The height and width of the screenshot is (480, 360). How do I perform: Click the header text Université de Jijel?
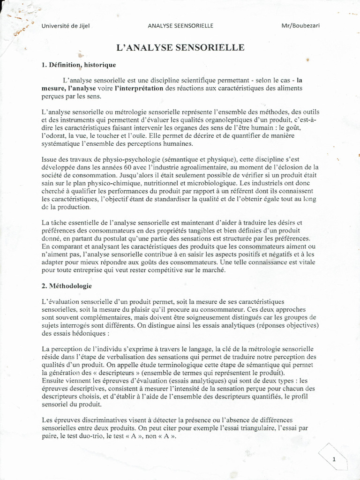tap(65, 26)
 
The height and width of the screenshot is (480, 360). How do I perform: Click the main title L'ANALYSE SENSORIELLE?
tap(180, 47)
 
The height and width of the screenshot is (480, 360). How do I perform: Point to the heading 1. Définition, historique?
tap(79, 65)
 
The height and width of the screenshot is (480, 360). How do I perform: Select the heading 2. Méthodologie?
tap(67, 285)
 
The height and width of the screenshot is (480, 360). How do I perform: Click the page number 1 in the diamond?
tap(334, 460)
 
